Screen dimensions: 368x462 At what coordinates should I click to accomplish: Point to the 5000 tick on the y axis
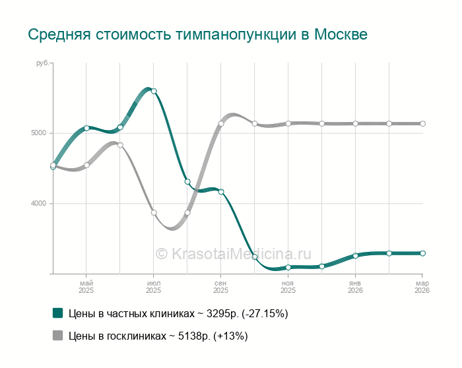tap(38, 133)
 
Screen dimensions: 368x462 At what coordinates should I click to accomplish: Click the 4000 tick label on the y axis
tap(38, 204)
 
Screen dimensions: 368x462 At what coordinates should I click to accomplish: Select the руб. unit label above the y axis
tap(42, 63)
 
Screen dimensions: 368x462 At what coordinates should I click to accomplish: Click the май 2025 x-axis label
tap(86, 286)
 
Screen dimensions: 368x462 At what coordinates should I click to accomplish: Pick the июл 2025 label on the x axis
tap(153, 286)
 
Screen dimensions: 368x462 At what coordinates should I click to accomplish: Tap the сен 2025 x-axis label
tap(220, 286)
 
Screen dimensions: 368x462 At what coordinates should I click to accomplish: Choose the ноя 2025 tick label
tap(288, 286)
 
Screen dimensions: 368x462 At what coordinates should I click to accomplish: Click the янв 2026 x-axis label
tap(355, 286)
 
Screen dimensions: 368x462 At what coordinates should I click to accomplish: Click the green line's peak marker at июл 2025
tap(154, 91)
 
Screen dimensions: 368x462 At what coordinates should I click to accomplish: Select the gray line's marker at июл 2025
tap(154, 212)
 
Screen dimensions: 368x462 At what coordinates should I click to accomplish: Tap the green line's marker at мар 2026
tap(422, 253)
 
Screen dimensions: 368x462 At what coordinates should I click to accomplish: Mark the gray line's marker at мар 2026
tap(422, 123)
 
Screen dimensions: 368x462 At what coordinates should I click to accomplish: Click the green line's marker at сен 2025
tap(221, 192)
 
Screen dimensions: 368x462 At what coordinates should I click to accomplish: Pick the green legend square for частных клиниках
tap(57, 313)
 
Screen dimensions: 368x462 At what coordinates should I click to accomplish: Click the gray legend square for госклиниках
tap(57, 336)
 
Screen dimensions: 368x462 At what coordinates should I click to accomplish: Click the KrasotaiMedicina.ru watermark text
tap(233, 253)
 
